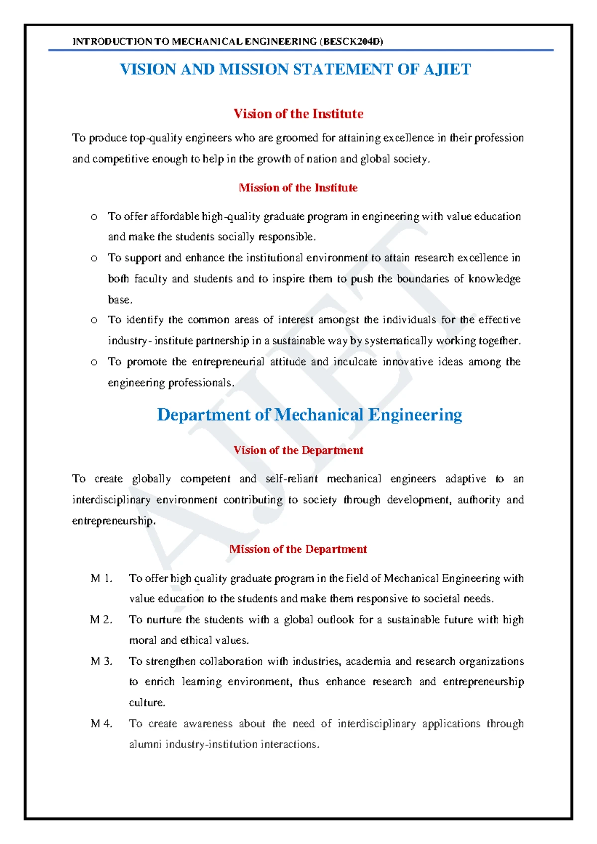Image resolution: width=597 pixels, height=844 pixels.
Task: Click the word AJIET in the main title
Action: tap(447, 69)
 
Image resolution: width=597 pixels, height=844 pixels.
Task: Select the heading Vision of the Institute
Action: tap(298, 114)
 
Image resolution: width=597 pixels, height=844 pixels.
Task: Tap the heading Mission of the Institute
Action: tap(298, 188)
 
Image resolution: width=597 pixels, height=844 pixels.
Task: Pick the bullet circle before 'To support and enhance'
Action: tap(94, 258)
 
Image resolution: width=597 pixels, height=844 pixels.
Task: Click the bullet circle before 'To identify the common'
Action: tap(94, 320)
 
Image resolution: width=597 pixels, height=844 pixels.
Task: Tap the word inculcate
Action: tap(355, 362)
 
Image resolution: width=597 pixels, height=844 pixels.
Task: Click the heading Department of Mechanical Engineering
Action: tap(309, 415)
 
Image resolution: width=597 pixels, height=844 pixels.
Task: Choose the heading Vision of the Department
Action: tap(298, 450)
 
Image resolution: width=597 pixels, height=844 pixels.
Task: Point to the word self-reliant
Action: tap(292, 479)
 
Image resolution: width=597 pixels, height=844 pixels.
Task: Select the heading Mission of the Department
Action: tap(298, 549)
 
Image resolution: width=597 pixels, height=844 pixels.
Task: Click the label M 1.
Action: tap(101, 578)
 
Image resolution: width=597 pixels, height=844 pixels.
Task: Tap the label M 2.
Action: tap(101, 620)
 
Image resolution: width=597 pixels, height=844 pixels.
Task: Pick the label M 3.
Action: tap(101, 661)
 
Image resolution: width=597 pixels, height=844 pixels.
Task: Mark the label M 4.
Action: tap(101, 724)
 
